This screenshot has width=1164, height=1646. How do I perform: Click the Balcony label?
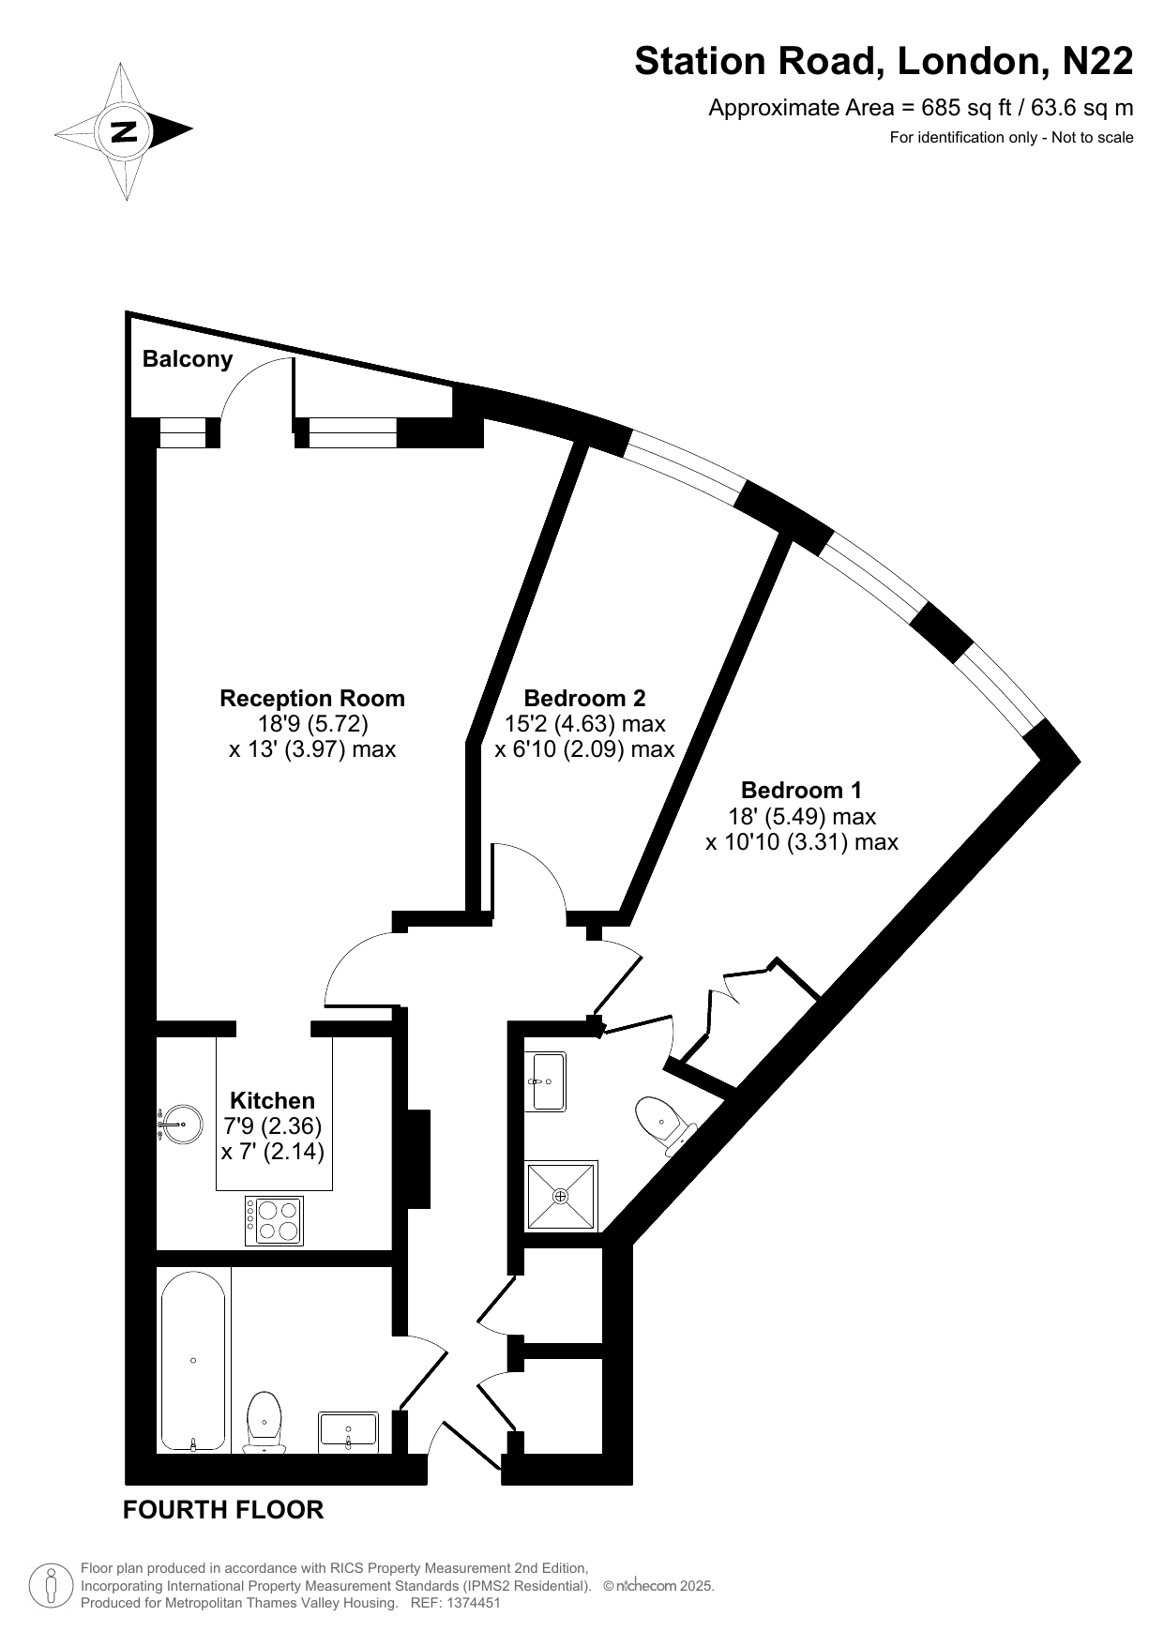coord(188,359)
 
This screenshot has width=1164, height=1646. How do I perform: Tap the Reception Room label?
coord(312,698)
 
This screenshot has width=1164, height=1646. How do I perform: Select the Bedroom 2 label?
coord(584,698)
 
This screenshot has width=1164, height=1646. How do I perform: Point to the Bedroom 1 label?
coord(802,790)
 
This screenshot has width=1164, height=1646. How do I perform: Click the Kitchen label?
coord(273,1100)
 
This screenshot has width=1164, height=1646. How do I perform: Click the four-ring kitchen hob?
coord(274,1220)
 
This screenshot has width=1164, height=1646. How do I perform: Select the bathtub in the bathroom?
coord(193,1360)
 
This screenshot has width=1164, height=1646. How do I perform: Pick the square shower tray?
coord(561,1196)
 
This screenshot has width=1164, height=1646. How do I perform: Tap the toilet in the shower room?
coord(665,1125)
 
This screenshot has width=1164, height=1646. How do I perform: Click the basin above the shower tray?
coord(545,1081)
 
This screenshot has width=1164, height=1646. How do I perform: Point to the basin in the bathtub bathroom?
coord(348,1433)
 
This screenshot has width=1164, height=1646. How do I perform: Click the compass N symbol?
coord(124,130)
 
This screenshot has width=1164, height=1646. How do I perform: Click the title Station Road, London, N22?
coord(884,62)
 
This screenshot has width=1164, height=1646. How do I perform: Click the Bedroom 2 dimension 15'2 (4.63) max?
coord(584,723)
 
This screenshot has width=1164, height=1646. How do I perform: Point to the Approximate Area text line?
coord(920,108)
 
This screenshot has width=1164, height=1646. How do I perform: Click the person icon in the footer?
coord(53,1585)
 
